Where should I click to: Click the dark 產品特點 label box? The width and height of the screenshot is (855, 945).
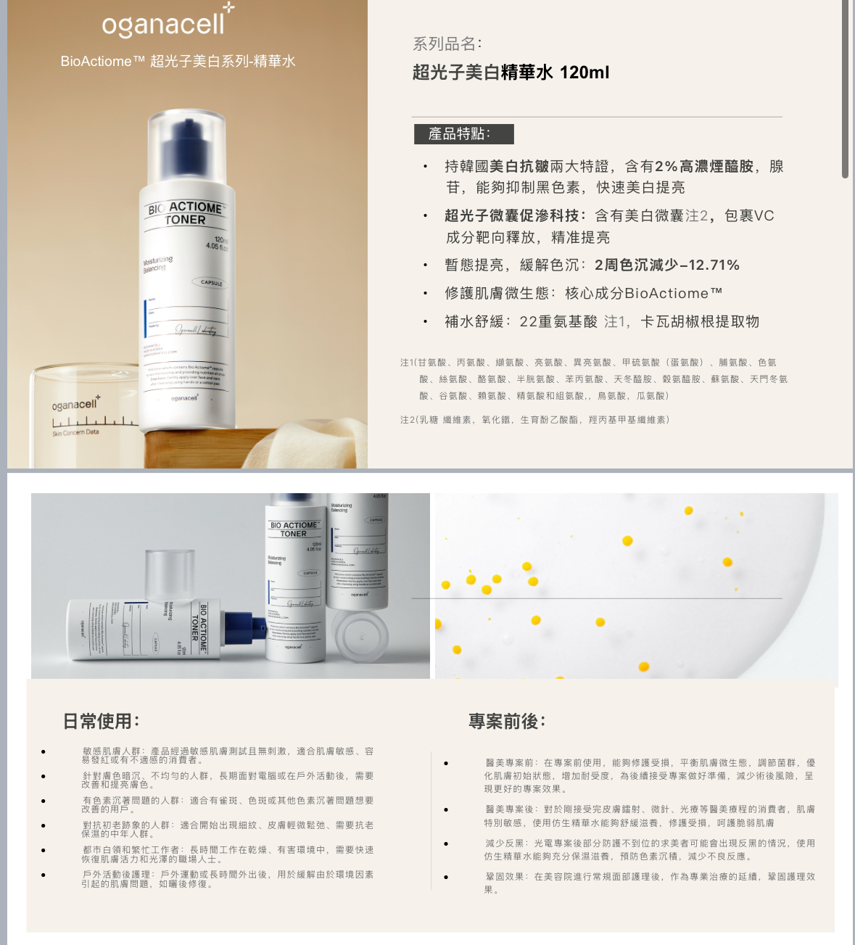463,134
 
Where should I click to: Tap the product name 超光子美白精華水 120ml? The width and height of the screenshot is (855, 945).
511,73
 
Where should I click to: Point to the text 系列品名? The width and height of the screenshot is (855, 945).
447,44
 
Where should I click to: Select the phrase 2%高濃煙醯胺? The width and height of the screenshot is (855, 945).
703,167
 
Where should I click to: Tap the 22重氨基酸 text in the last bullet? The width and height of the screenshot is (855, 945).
558,322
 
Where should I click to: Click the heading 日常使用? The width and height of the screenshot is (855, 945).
101,721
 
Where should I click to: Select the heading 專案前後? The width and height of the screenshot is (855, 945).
506,721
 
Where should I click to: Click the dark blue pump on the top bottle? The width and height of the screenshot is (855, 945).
186,145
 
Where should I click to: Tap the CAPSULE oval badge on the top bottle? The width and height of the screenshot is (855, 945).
211,283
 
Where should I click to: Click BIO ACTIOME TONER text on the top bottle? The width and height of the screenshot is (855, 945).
186,213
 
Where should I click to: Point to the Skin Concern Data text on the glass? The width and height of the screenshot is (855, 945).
75,432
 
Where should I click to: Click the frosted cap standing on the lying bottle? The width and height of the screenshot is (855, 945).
170,575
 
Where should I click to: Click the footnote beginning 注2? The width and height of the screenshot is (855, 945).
535,420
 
